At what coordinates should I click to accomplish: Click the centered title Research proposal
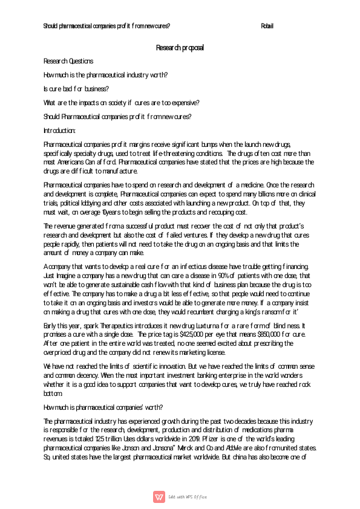click(180, 47)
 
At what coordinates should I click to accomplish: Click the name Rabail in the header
click(267, 26)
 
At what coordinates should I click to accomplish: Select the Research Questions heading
click(68, 61)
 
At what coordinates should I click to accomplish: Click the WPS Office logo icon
click(160, 496)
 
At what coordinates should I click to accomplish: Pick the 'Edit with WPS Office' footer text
click(188, 496)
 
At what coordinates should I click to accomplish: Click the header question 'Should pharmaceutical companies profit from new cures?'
click(106, 26)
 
